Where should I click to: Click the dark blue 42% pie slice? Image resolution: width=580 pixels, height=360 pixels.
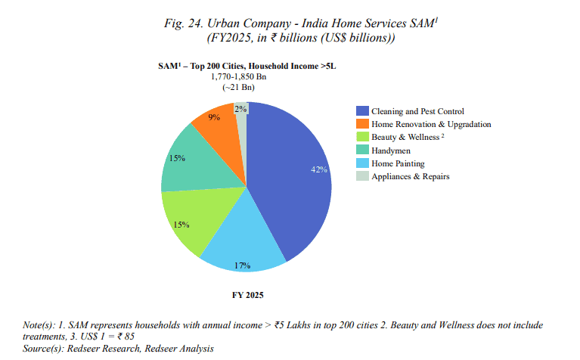coord(291,182)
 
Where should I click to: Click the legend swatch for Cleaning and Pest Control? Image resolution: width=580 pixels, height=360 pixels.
coord(363,111)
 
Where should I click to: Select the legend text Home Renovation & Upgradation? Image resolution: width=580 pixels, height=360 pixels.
coord(431,124)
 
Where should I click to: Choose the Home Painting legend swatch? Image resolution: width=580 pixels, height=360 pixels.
coord(363,163)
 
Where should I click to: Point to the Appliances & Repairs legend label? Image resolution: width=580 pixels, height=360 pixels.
coord(411,176)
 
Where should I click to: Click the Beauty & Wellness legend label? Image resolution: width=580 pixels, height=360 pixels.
coord(408,137)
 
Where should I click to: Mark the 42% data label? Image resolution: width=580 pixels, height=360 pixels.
coord(318,169)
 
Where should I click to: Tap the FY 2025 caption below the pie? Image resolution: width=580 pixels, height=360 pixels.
coord(247,294)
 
